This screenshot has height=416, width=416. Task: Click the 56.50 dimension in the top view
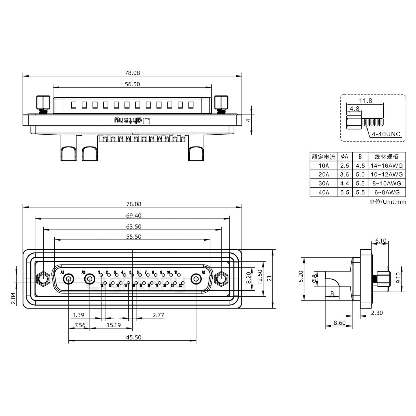click(132, 84)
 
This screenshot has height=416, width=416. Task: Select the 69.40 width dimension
click(134, 216)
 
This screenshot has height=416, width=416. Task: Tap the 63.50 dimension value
click(134, 226)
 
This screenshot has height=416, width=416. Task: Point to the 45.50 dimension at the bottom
click(134, 337)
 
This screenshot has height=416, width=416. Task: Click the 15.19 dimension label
click(114, 325)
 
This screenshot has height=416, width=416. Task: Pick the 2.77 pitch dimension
click(158, 315)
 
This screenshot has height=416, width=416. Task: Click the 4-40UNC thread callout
click(386, 134)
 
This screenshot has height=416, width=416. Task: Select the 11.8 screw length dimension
click(365, 101)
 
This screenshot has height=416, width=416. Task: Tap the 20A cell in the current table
click(324, 174)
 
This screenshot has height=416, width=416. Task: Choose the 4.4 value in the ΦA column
click(344, 183)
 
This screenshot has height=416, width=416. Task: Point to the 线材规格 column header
click(387, 157)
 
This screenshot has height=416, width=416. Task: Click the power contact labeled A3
click(196, 279)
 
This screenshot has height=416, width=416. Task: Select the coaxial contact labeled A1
click(68, 279)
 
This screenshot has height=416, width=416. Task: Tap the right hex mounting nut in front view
click(221, 279)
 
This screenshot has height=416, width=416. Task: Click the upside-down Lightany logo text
click(132, 120)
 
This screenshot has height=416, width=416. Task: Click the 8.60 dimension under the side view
click(339, 323)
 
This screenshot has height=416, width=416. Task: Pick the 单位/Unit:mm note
click(387, 202)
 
